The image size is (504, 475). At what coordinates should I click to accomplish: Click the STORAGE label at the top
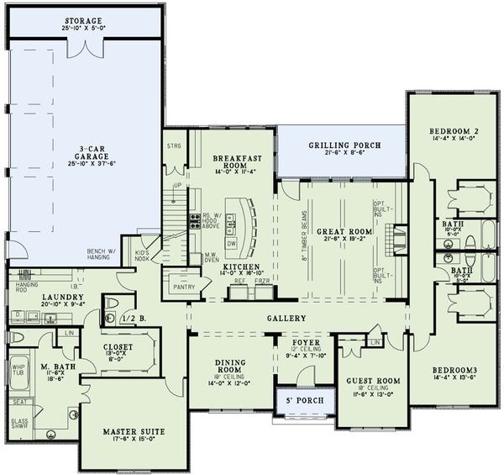point(81,20)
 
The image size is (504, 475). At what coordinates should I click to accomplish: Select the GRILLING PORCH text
point(344,145)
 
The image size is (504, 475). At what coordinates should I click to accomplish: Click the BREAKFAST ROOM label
point(233,162)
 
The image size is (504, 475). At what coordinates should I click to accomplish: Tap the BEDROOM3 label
point(454,371)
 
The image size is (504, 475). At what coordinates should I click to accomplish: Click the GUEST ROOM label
point(373,381)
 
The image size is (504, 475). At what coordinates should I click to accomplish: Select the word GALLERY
point(287,319)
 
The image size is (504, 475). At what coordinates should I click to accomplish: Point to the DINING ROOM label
point(229,367)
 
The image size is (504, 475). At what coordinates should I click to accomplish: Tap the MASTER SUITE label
point(134,432)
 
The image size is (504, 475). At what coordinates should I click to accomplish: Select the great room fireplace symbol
point(401,233)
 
